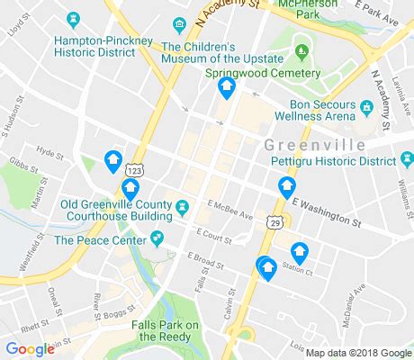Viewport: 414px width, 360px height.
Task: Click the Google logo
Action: tap(30, 349)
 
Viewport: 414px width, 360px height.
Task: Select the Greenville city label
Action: tap(315, 145)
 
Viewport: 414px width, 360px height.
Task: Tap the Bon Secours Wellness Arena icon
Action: tap(366, 108)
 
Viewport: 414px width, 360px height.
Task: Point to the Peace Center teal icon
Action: tap(157, 238)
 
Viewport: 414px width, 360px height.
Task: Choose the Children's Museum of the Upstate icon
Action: tap(182, 22)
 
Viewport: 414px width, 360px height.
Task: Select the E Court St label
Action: tap(214, 238)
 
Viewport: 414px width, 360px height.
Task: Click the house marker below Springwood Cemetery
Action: tap(227, 89)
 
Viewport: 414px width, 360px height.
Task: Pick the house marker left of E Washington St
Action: tap(287, 188)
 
